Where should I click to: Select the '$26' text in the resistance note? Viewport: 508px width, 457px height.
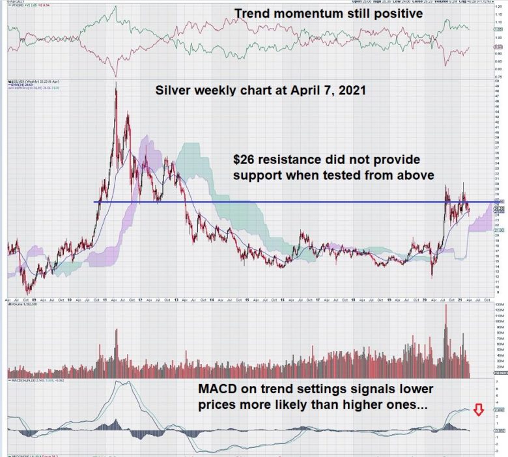[247, 159]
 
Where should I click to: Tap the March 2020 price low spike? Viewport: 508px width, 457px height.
[432, 276]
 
